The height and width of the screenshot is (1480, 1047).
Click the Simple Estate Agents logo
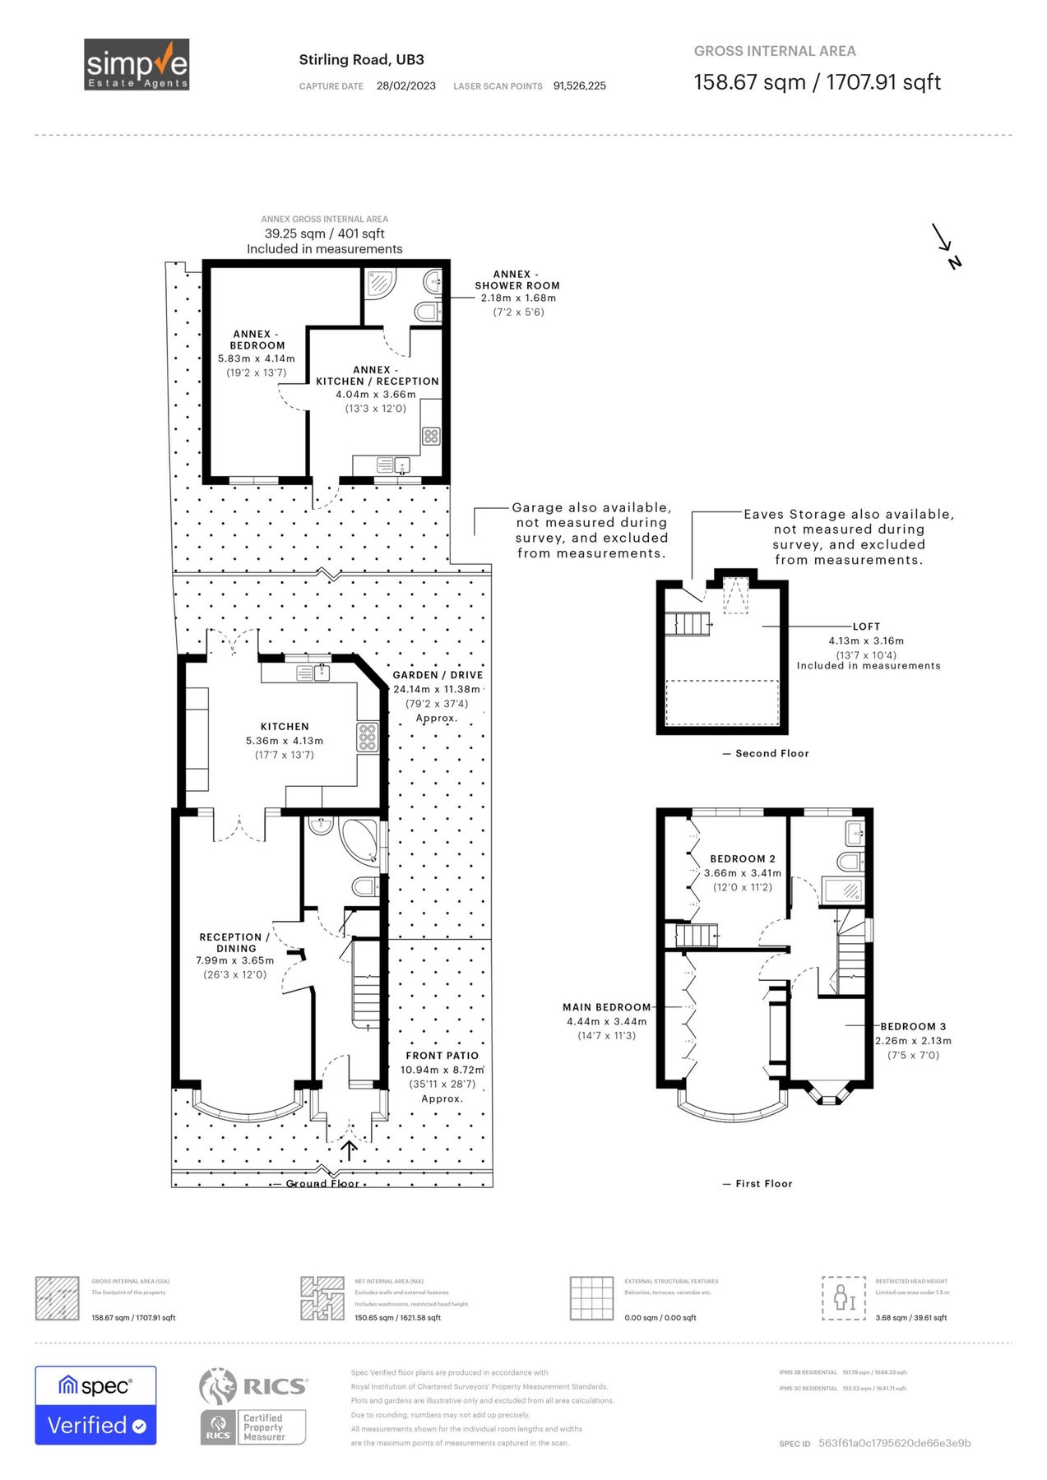point(137,64)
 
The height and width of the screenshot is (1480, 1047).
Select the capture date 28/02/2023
point(406,86)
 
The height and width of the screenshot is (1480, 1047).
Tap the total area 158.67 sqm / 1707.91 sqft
point(817,82)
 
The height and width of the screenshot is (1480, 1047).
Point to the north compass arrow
point(946,245)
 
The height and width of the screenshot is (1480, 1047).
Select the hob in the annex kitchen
point(431,436)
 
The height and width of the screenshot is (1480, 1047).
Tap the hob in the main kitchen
point(367,737)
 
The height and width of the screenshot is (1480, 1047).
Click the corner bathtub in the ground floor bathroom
point(360,839)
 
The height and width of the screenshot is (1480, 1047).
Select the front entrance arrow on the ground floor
point(349,1149)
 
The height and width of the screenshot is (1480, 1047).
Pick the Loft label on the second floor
point(866,627)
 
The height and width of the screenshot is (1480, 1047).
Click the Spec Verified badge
point(95,1405)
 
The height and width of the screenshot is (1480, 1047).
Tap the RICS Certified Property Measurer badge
point(253,1405)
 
